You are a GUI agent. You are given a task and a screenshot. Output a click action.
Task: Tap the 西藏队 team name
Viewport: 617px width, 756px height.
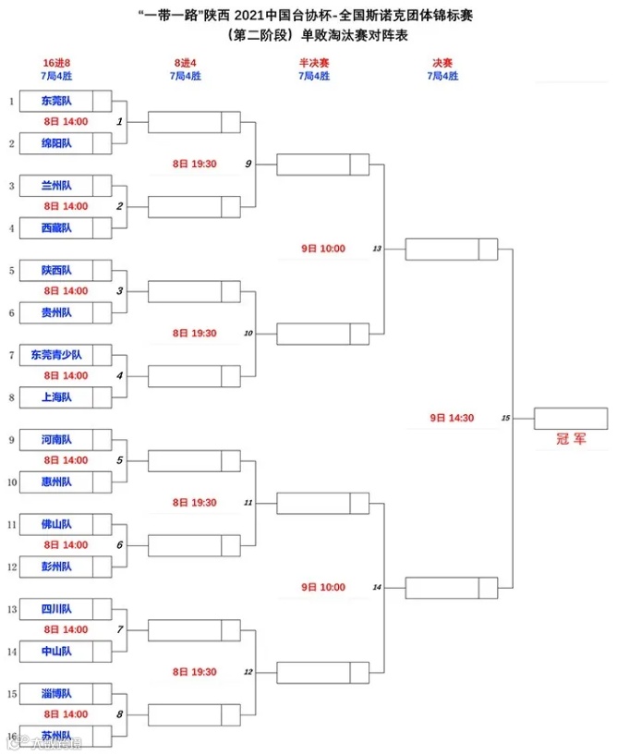click(56, 227)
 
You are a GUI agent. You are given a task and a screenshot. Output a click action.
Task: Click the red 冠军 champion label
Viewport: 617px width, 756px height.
click(570, 440)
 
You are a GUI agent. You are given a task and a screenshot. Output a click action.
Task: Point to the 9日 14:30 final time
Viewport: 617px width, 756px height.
click(452, 418)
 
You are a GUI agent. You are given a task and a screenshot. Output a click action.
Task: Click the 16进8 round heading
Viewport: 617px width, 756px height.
click(56, 62)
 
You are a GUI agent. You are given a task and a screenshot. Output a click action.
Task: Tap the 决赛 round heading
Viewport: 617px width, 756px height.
click(442, 62)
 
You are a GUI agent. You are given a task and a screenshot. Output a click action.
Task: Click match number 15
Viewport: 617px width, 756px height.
click(505, 418)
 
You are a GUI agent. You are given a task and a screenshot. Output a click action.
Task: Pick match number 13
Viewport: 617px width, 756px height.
click(377, 249)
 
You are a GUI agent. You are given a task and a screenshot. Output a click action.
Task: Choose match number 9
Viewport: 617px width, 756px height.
click(248, 164)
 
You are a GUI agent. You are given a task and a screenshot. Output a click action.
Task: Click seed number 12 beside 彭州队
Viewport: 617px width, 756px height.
click(12, 567)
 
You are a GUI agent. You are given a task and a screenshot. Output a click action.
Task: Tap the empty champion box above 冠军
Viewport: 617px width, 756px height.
click(570, 418)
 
